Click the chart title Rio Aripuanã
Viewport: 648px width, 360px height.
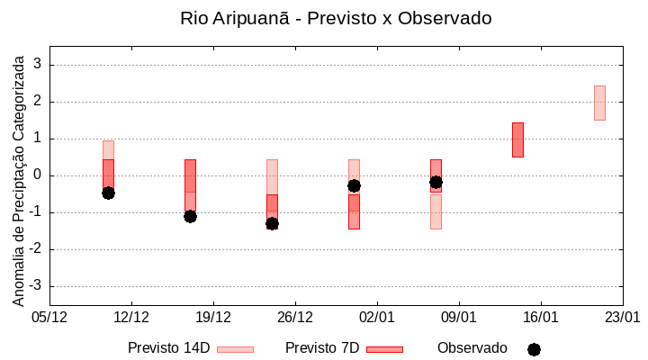[336, 18]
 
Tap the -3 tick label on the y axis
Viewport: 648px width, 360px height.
[35, 286]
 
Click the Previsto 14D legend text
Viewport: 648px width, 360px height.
[168, 348]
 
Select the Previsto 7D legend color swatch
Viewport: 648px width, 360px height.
[384, 349]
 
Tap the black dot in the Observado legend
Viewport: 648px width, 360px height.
[534, 349]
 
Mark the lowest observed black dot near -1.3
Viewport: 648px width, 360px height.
[272, 223]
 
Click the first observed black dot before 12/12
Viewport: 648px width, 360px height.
[108, 193]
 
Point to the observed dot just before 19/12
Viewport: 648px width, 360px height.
[190, 216]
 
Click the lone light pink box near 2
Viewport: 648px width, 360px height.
[599, 103]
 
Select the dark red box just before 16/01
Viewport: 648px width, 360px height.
[517, 139]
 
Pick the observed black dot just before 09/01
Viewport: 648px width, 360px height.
[436, 182]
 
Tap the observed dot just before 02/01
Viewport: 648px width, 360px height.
[354, 185]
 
